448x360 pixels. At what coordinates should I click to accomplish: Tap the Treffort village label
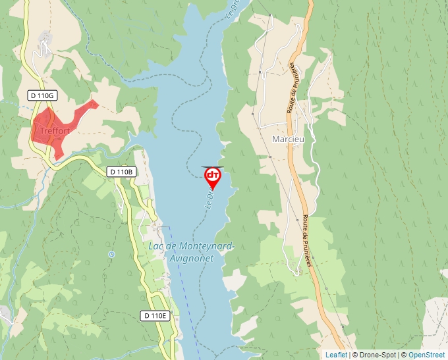coord(55,131)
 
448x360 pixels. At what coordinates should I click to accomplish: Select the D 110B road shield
coord(121,172)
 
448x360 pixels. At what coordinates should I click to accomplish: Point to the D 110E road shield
coord(155,316)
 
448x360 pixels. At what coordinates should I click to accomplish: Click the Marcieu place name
coord(287,140)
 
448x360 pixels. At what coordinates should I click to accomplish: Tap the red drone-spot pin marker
coord(213,176)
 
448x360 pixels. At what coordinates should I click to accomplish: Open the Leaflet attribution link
coord(336,355)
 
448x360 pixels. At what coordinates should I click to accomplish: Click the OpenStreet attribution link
coord(426,355)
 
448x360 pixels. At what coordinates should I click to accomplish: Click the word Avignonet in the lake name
coord(191,259)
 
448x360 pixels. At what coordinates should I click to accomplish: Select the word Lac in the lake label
coord(156,247)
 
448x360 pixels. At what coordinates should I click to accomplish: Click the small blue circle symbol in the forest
coord(111,253)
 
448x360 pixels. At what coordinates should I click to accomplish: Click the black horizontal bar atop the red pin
coord(213,167)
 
